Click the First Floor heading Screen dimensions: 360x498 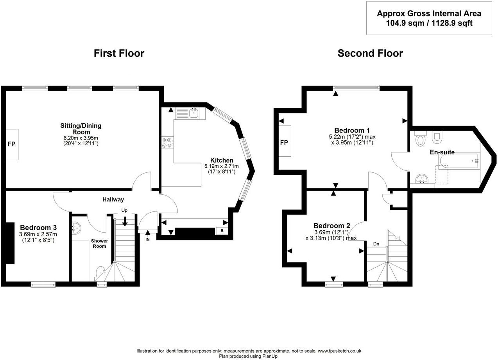coord(119,53)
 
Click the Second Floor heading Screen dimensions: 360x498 coord(370,53)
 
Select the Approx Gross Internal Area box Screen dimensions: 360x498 coord(429,18)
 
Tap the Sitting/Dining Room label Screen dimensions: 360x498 coord(81,129)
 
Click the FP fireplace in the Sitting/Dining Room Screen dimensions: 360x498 coord(11,144)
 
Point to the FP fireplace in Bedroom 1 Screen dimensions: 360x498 coord(284,142)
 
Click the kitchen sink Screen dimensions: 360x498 coord(193,113)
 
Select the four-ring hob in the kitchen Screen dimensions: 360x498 coord(167,143)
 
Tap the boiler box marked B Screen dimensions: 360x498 coord(222,231)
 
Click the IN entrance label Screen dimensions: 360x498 coord(147,239)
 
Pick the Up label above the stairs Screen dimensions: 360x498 coord(124,210)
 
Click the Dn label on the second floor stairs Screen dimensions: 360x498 coord(376,244)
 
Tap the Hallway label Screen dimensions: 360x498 coord(113,199)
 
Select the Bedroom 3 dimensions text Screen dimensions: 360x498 coord(38,237)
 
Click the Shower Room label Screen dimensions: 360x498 coord(99,243)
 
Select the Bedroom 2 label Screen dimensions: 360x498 coord(331,226)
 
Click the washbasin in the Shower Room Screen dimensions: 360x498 coord(76,227)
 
